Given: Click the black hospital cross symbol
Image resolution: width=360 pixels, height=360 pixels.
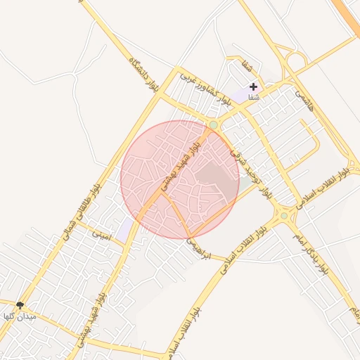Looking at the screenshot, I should [253, 86].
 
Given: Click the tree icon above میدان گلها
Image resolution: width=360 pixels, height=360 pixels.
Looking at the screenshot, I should [20, 305].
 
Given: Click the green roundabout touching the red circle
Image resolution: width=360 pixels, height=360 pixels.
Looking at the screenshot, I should [213, 124].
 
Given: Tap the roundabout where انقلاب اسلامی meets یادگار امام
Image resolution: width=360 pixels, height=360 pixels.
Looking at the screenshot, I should [284, 215].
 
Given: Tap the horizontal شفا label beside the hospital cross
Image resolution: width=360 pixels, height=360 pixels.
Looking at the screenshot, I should [253, 98].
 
